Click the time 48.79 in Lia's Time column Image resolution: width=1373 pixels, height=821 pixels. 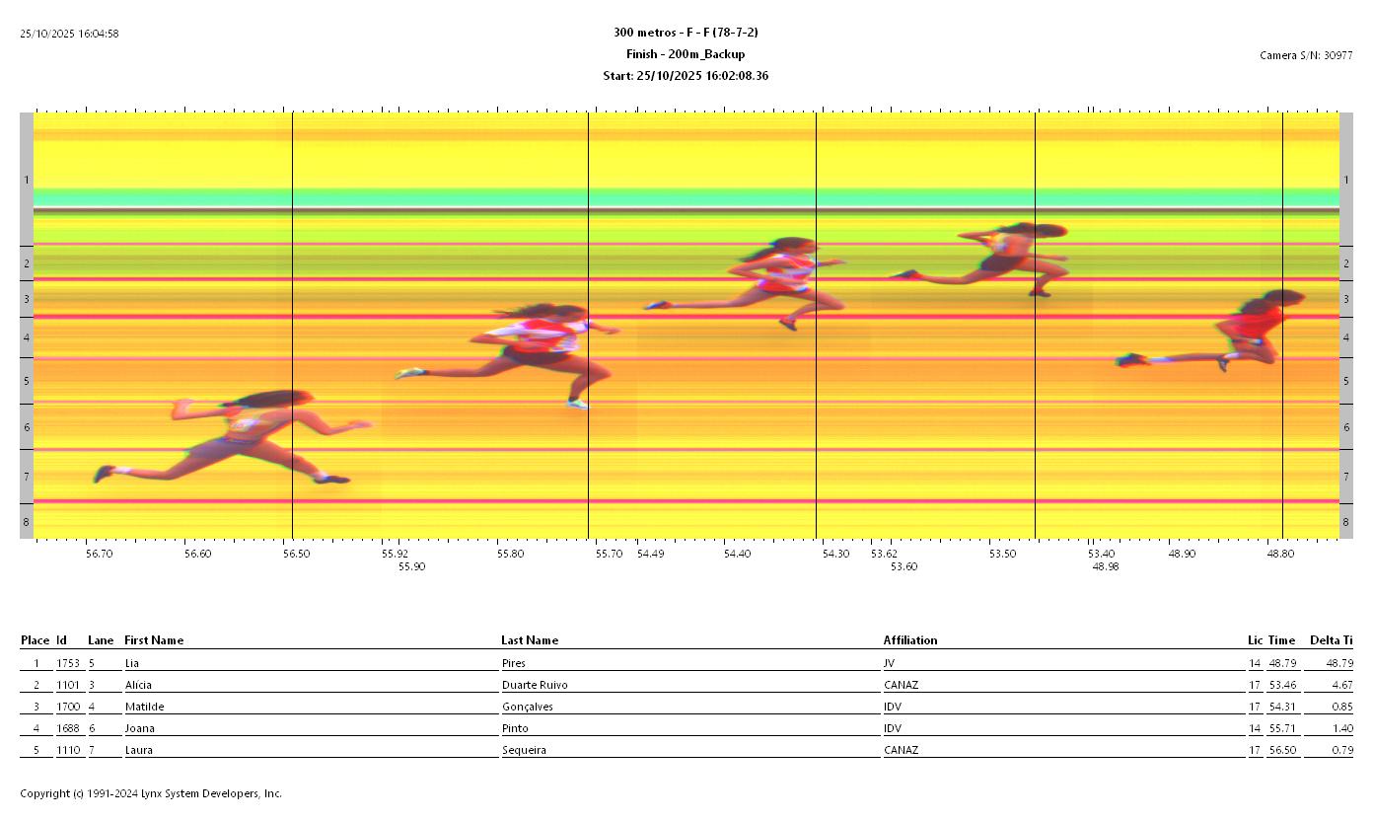pos(1281,663)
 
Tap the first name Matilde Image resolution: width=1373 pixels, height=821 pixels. pos(139,707)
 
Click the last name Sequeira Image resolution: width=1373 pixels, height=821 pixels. pos(523,750)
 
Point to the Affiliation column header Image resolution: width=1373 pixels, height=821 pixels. pos(909,640)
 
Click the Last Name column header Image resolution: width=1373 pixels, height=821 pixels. pos(529,640)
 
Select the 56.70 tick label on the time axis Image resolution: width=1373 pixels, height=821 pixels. pos(99,554)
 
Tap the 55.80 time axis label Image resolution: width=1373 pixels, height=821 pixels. pos(510,554)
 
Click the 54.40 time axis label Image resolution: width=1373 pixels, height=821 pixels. pos(737,554)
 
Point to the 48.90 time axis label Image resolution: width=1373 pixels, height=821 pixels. pos(1182,554)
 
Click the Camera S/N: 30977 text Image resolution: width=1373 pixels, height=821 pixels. pos(1306,55)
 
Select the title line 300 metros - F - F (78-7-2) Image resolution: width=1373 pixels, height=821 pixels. pos(686,33)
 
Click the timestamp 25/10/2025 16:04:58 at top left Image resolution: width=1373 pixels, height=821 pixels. pos(69,34)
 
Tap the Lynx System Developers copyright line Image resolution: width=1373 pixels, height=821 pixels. pos(151,793)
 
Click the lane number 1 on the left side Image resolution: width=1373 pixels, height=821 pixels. pos(27,180)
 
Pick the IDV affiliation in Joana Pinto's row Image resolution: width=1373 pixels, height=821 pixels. pos(893,728)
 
